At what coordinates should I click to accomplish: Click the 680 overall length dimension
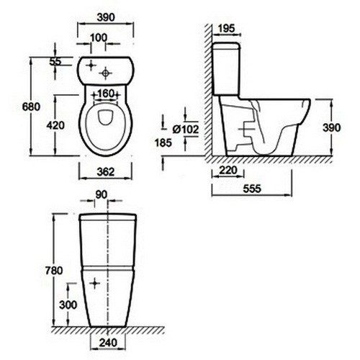(x=31, y=107)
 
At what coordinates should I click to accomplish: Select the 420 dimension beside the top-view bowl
(x=55, y=125)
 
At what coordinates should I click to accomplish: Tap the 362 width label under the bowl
(x=106, y=171)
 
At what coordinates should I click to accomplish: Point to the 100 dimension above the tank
(x=99, y=37)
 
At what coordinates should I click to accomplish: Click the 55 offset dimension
(x=55, y=61)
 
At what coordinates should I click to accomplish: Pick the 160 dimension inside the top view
(x=106, y=94)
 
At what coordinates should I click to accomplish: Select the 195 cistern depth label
(x=227, y=29)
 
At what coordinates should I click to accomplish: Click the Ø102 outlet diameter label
(x=186, y=130)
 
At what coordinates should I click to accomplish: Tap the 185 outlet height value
(x=163, y=143)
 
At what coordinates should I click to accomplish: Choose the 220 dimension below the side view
(x=228, y=170)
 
